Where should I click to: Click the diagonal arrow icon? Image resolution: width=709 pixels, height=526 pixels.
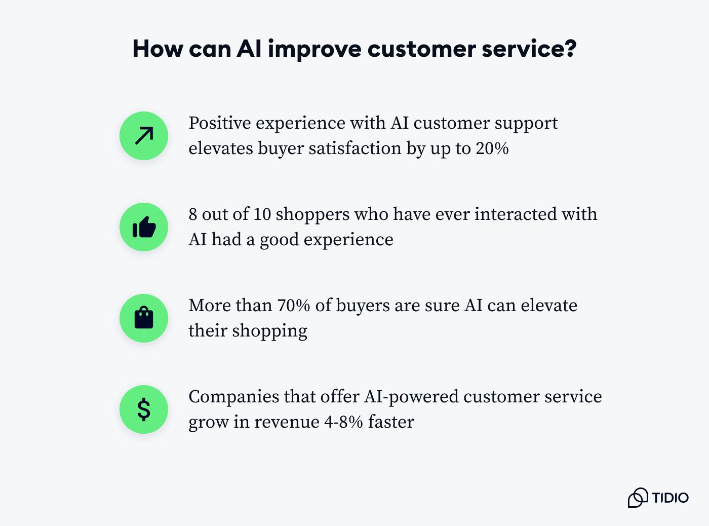[x=144, y=136]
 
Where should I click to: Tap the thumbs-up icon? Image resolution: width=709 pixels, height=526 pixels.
[x=144, y=227]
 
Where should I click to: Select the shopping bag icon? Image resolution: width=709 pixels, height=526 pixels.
[x=144, y=318]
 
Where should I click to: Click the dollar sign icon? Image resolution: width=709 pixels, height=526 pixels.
[x=144, y=409]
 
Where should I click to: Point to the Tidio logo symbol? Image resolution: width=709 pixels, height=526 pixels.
[x=638, y=498]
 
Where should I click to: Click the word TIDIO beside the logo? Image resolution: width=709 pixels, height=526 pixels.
[x=671, y=498]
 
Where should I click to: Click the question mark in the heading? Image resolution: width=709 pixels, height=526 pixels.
[x=569, y=49]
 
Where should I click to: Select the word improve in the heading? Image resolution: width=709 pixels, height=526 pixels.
[x=315, y=49]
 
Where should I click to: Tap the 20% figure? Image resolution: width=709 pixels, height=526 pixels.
[x=492, y=148]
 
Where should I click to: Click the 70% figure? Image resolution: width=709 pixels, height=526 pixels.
[x=294, y=305]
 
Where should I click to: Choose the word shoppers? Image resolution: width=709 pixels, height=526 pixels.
[x=312, y=215]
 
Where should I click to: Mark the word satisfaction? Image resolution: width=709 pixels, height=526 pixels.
[x=355, y=148]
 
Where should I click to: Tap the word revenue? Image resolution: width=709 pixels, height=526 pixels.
[x=287, y=422]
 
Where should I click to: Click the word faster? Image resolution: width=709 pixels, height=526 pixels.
[x=391, y=422]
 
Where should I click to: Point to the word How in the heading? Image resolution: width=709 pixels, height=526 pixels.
[x=158, y=49]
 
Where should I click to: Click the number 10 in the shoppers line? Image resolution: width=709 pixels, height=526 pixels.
[x=262, y=214]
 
